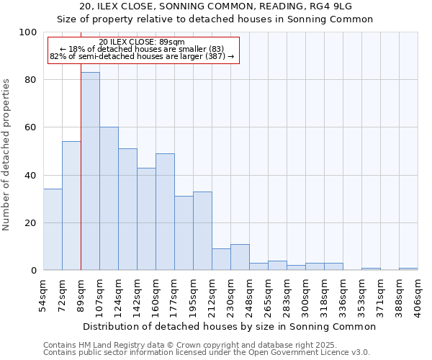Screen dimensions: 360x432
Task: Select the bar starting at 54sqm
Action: click(53, 230)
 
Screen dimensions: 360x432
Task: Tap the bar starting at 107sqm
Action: click(109, 199)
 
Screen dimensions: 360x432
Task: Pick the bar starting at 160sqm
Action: click(165, 212)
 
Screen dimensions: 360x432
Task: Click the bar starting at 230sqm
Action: click(240, 257)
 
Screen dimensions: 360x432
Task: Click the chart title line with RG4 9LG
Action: click(216, 6)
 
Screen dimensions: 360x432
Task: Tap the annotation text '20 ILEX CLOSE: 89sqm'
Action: click(142, 42)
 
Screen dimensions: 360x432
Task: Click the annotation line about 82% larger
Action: click(142, 56)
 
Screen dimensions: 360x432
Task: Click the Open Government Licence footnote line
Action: click(207, 353)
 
